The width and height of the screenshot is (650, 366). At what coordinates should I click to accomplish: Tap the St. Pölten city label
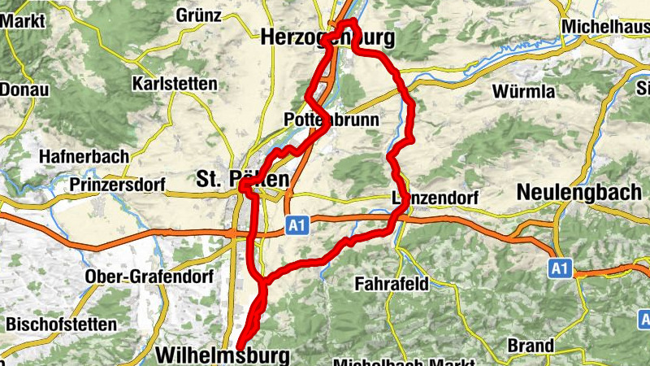[241, 178]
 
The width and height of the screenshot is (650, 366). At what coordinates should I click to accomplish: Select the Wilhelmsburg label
[222, 355]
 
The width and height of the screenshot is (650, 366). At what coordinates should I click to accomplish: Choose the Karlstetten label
[175, 84]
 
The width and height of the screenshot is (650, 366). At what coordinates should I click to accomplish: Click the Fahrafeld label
[392, 284]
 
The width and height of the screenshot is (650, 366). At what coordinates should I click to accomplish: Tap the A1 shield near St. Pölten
[297, 225]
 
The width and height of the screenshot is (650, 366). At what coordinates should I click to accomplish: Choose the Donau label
[24, 89]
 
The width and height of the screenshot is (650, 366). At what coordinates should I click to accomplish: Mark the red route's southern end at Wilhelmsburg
[241, 348]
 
